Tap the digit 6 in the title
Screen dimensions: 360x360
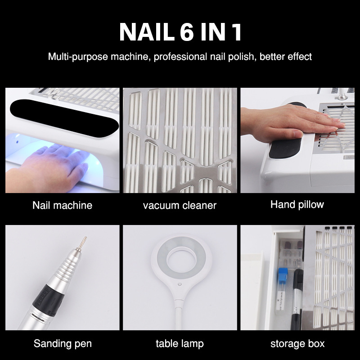tap(191, 32)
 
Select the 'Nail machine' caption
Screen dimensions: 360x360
tap(62, 206)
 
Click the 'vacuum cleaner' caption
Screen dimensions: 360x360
tap(180, 206)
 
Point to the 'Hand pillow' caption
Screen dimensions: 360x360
tap(297, 205)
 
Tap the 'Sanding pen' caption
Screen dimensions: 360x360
tap(63, 344)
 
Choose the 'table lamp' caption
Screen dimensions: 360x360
tap(180, 344)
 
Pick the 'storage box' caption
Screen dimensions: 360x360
tap(297, 344)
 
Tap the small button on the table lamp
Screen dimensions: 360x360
tap(180, 284)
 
